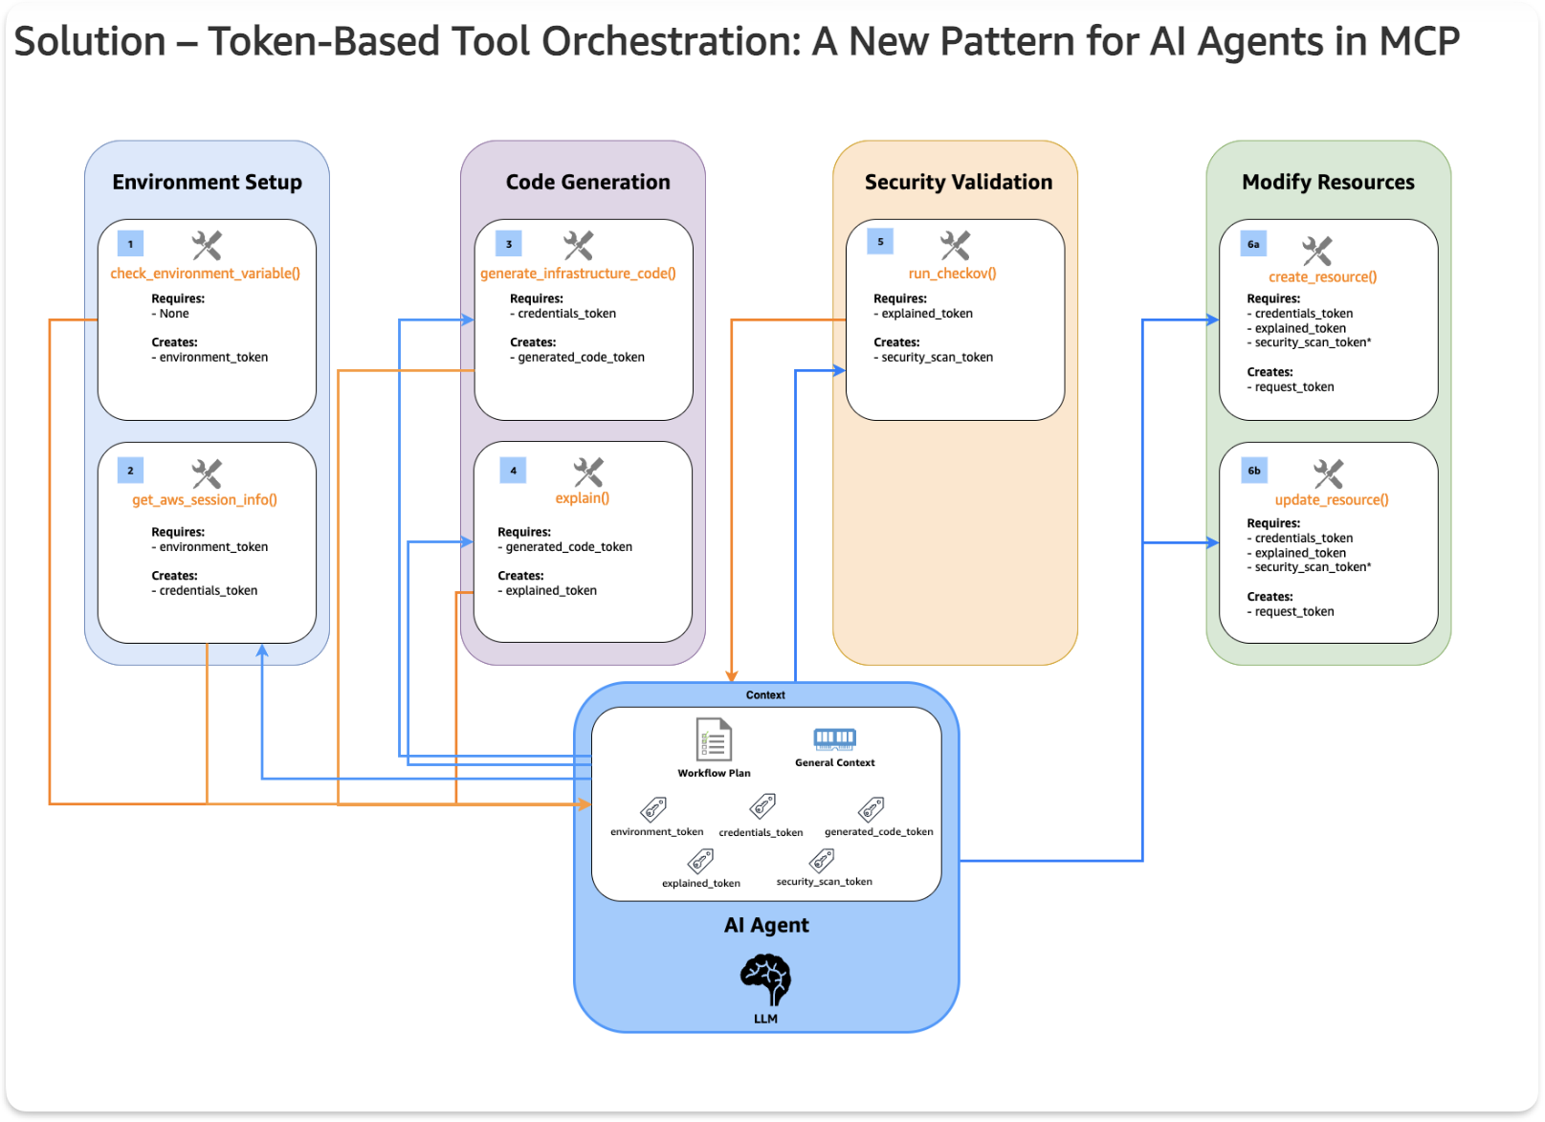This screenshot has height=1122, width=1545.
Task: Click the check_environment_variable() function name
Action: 205,274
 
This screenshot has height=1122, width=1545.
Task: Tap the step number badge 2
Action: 130,471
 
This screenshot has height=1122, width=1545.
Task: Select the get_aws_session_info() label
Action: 205,499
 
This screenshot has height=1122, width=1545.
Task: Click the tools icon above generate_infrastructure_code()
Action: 578,245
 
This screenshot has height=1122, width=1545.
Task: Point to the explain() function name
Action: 582,497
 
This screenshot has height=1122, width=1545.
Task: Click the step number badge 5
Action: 880,242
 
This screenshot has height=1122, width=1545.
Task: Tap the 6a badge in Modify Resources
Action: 1253,244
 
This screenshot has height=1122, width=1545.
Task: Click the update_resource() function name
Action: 1331,499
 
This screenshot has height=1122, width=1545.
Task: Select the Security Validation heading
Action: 958,182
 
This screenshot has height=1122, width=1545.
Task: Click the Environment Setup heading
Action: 207,182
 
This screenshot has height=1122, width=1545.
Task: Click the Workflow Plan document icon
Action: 713,739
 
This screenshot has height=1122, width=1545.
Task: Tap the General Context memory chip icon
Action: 834,737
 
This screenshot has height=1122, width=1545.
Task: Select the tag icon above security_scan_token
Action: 822,861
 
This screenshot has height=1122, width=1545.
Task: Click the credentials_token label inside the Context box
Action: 761,832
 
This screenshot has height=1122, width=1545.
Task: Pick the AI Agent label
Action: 766,925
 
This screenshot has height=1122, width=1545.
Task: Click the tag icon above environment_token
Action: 654,809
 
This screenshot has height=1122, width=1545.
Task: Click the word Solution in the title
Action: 90,42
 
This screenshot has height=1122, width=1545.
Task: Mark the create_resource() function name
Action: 1322,277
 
